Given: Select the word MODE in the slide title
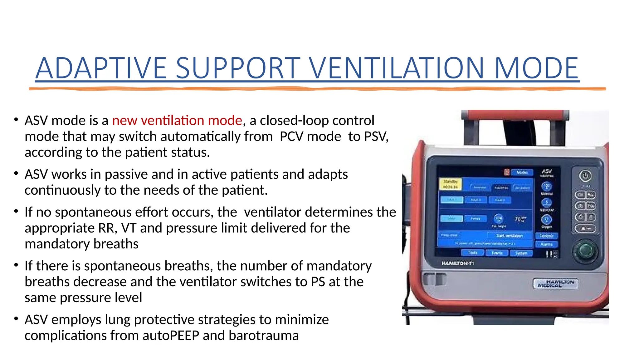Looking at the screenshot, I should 536,68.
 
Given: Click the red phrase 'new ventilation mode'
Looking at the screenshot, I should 177,120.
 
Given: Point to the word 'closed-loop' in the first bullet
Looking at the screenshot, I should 291,120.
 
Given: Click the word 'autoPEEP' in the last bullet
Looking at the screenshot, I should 171,335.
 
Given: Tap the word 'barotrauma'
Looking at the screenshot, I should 264,335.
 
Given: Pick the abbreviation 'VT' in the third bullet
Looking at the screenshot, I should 129,228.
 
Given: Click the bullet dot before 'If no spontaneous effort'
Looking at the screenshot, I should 16,211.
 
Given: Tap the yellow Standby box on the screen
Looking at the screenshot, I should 450,184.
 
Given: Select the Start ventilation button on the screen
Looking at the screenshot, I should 509,236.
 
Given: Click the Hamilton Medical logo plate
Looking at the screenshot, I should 555,283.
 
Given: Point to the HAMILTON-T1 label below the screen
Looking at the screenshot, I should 457,263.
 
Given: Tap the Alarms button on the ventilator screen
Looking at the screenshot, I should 546,244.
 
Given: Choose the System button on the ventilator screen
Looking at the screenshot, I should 521,253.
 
